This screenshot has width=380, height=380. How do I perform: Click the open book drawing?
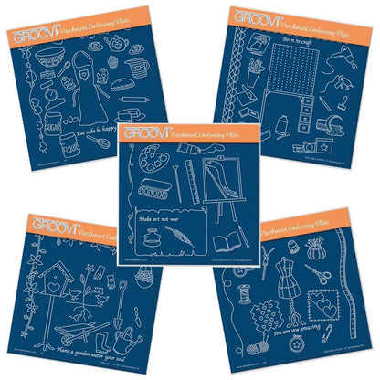click(x=225, y=243)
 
